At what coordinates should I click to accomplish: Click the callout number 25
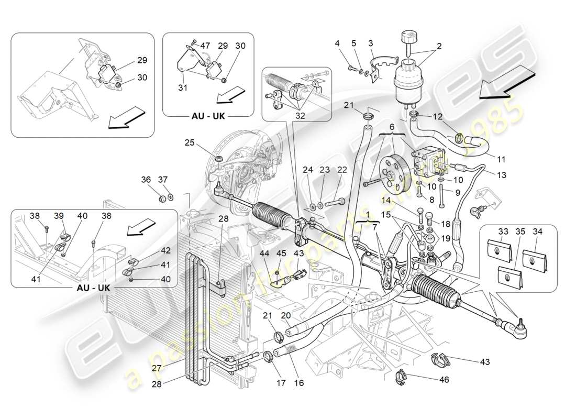click(x=189, y=142)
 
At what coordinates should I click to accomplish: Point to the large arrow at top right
click(x=507, y=83)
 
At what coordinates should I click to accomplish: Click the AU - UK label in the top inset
click(x=207, y=116)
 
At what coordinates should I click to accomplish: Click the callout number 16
click(x=300, y=383)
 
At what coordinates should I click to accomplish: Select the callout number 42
click(x=165, y=250)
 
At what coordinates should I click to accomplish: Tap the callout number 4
click(x=338, y=43)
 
